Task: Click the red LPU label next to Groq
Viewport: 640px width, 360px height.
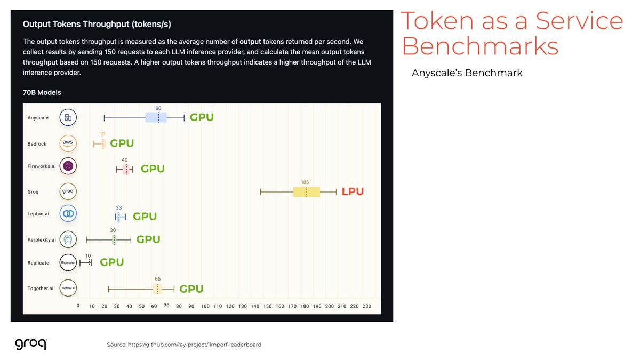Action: [x=353, y=191]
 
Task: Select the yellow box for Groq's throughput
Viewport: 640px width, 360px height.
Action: [x=306, y=192]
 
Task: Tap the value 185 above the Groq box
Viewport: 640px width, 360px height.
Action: [x=305, y=182]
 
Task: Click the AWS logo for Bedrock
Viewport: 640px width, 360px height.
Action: [x=68, y=143]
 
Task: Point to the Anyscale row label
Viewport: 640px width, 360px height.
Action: [x=38, y=118]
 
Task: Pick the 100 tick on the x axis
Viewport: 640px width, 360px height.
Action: [x=205, y=306]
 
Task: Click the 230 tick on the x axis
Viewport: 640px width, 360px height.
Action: [x=366, y=306]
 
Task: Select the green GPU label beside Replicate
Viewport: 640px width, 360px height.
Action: [x=112, y=262]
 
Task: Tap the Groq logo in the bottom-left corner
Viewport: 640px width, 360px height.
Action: [x=30, y=343]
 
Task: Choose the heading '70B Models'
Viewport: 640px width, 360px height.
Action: [x=42, y=92]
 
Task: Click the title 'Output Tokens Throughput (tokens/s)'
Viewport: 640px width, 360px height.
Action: [x=97, y=25]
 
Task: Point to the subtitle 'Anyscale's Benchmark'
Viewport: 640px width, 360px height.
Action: [x=467, y=73]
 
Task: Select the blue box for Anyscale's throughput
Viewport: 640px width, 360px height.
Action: [x=156, y=117]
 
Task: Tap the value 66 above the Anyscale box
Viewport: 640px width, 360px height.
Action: [x=158, y=108]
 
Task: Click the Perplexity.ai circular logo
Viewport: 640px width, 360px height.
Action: [x=68, y=240]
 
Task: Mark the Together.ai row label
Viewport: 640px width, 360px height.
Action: [x=41, y=288]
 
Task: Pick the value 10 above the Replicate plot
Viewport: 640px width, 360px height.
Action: [x=88, y=255]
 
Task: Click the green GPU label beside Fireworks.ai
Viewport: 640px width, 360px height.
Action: [x=153, y=169]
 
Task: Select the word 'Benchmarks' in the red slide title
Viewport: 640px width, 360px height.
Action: [x=479, y=46]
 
